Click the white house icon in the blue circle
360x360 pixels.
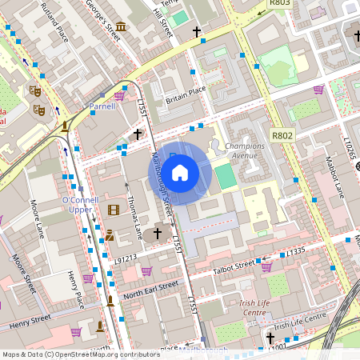(180, 173)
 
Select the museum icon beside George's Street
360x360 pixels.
(119, 26)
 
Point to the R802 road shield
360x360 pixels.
(282, 136)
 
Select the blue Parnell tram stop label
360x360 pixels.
(102, 106)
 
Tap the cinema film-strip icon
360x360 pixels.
(113, 210)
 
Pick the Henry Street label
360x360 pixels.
(33, 322)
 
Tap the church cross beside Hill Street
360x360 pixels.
(197, 31)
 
